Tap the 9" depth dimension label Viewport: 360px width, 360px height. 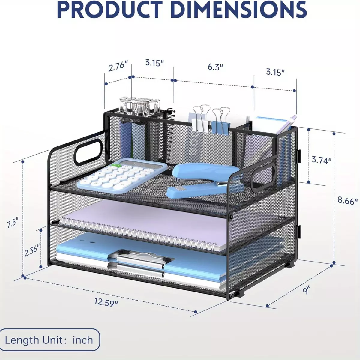point(306,290)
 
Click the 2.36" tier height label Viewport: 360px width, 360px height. point(32,250)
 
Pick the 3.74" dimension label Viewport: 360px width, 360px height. point(322,160)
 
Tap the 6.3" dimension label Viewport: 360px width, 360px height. point(215,67)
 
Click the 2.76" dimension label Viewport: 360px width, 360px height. point(118,66)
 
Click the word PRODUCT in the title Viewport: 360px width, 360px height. point(110,9)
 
